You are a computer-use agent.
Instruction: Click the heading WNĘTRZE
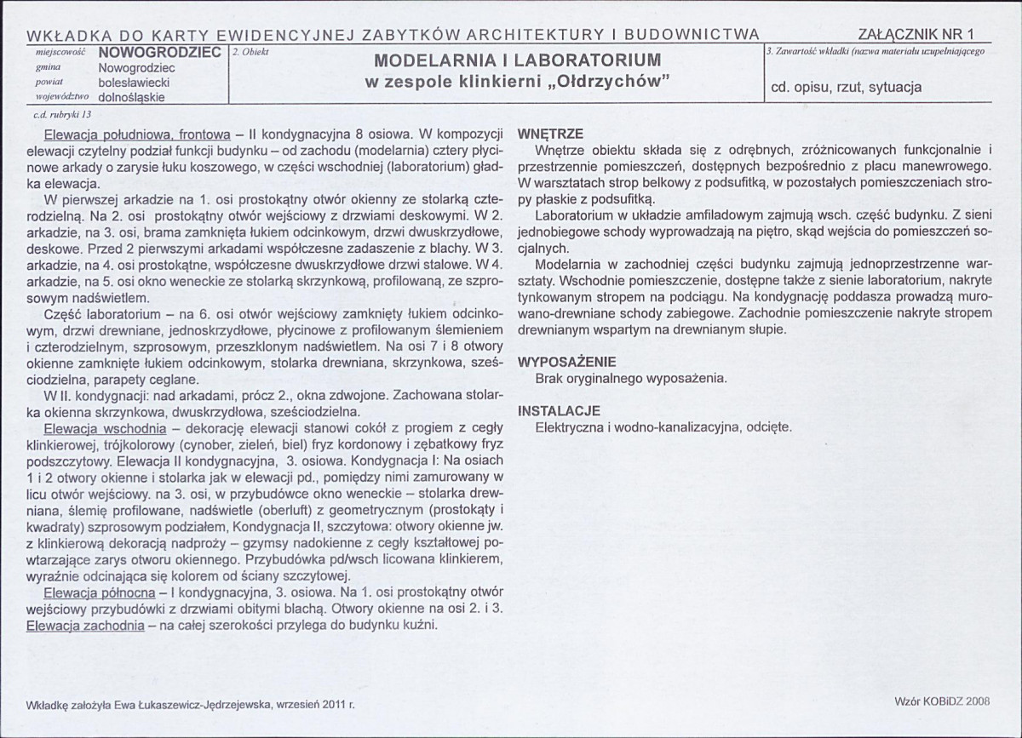click(x=549, y=134)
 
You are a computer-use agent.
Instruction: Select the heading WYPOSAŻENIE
click(x=566, y=361)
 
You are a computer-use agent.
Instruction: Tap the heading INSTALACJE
click(x=560, y=411)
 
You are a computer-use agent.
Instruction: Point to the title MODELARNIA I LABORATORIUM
click(x=518, y=61)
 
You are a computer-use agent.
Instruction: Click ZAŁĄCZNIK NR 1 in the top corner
click(x=916, y=34)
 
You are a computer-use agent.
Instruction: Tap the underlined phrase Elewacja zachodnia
click(x=85, y=625)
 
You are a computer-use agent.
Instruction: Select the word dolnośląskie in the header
click(x=133, y=97)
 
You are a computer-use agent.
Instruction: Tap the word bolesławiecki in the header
click(x=134, y=83)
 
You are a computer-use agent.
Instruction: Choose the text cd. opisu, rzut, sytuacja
click(x=846, y=87)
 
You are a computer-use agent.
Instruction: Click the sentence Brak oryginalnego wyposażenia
click(x=631, y=377)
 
